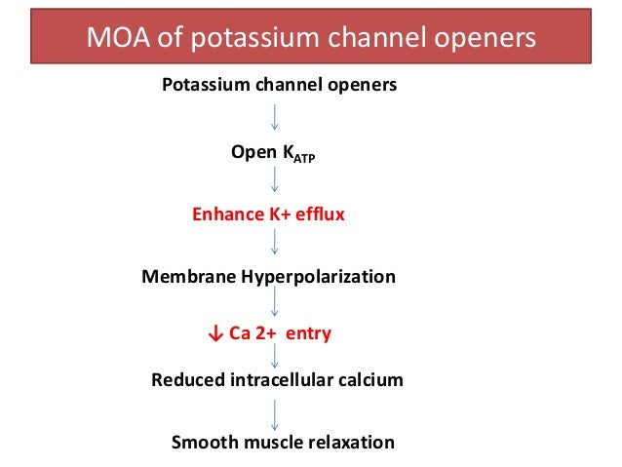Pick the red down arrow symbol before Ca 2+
pos(215,334)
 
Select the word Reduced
pos(187,380)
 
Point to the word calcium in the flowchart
pos(369,380)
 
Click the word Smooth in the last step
pos(201,443)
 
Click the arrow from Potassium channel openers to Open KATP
pos(276,116)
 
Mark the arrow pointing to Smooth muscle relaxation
pos(276,409)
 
